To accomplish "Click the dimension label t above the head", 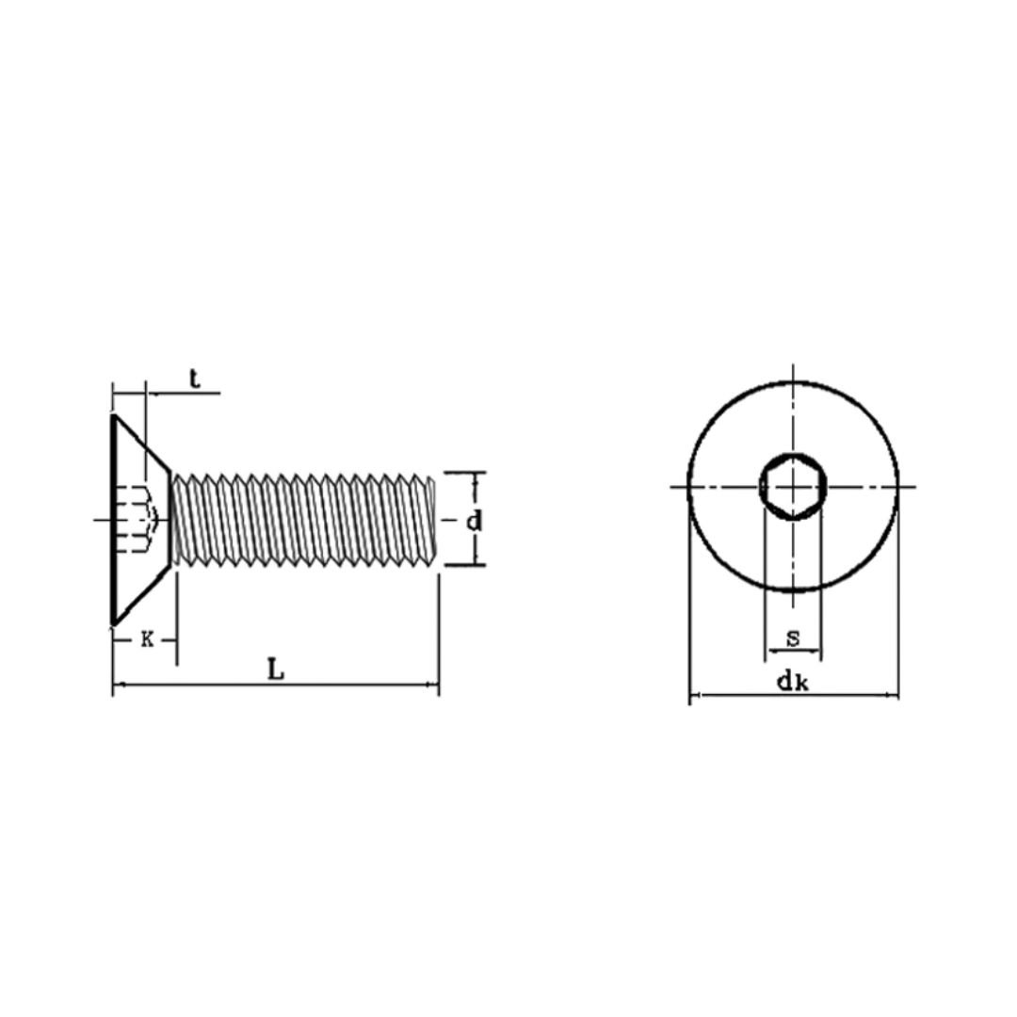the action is pyautogui.click(x=195, y=379).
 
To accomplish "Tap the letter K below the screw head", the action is pyautogui.click(x=147, y=640).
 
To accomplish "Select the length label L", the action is pyautogui.click(x=276, y=670).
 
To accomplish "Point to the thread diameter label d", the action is pyautogui.click(x=474, y=520).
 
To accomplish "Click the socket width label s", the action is pyautogui.click(x=793, y=638).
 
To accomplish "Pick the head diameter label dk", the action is pyautogui.click(x=793, y=682).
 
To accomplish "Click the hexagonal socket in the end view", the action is pyautogui.click(x=793, y=487).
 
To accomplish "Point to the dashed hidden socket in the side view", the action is pyautogui.click(x=137, y=520).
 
